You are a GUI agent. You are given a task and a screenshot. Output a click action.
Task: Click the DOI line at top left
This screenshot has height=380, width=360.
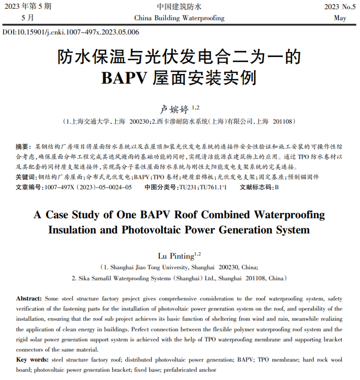point(71,32)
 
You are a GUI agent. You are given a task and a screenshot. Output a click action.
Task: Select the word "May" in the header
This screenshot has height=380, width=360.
point(340,18)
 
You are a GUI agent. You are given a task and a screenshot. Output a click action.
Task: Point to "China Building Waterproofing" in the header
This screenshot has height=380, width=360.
point(180,18)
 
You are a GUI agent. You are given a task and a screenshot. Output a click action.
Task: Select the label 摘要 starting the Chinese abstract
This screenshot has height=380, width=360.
point(22,147)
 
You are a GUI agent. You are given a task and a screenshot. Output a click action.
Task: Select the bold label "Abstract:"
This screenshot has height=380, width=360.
point(29,299)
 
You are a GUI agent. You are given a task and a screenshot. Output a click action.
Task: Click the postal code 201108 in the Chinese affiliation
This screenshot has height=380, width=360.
point(284,122)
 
